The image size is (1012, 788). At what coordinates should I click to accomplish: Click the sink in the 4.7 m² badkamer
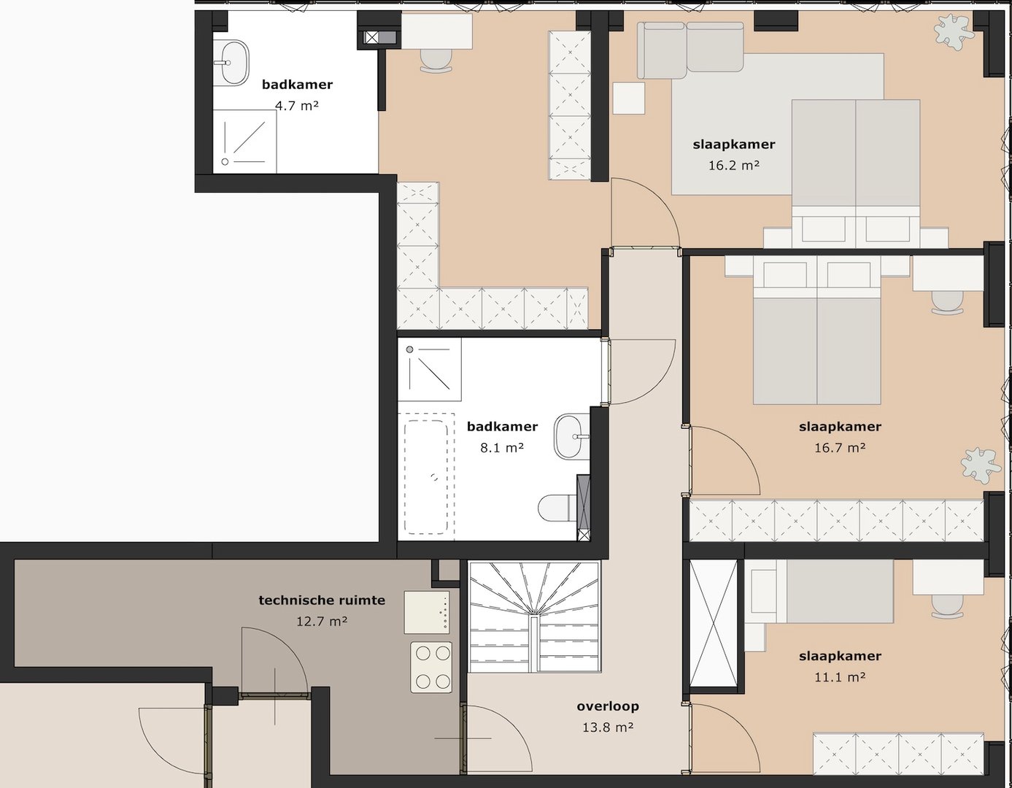tap(232, 62)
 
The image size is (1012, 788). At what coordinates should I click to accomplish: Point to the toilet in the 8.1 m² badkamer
tap(556, 508)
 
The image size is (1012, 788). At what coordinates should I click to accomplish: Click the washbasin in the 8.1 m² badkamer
tap(571, 436)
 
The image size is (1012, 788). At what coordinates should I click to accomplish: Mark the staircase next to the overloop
tap(534, 617)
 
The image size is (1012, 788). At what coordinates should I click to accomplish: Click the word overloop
tap(607, 706)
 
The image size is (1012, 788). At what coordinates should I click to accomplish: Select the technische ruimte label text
tap(322, 600)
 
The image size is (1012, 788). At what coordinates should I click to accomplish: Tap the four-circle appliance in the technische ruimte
tap(431, 667)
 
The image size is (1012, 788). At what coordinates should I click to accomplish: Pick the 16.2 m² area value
tap(733, 166)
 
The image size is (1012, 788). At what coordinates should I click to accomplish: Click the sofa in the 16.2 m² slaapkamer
tap(689, 49)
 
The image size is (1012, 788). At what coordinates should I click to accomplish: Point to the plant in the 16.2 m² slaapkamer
tap(954, 31)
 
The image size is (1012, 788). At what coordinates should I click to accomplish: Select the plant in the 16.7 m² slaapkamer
tap(980, 465)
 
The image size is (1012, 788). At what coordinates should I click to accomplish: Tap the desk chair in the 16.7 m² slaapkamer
tap(947, 301)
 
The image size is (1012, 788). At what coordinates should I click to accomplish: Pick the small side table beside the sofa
tap(628, 98)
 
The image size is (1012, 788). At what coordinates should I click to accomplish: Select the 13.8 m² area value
tap(607, 727)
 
